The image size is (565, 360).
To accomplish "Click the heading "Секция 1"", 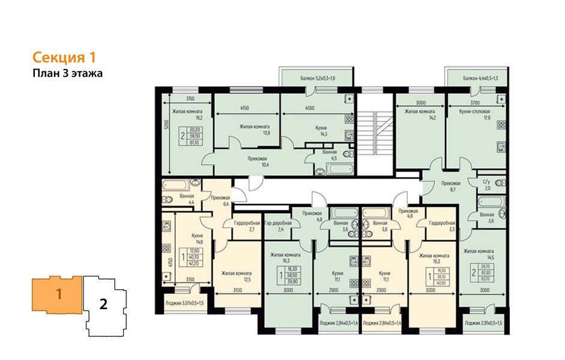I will [x=64, y=58].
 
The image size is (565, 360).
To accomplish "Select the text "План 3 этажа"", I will [x=68, y=74].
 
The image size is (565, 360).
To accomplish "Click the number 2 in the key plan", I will [x=103, y=304].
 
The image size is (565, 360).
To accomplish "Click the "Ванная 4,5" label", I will [x=329, y=156].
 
